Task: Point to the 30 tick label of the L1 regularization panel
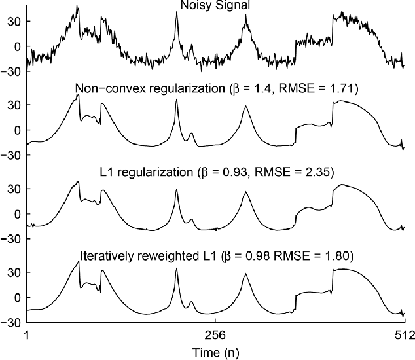coord(14,190)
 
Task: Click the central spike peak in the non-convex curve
coord(177,99)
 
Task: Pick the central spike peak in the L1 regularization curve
coord(177,190)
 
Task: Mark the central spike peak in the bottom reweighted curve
coord(177,269)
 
